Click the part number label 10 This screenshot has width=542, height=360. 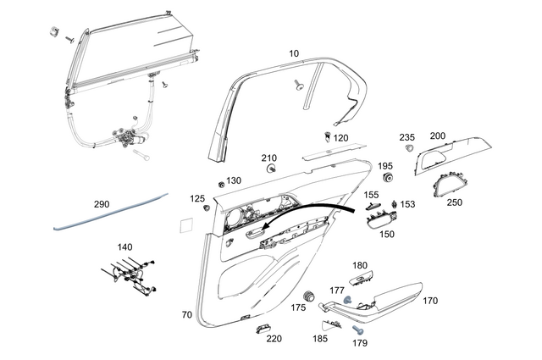(x=294, y=53)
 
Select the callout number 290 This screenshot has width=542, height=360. (x=102, y=204)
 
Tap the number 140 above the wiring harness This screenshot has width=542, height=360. (x=124, y=247)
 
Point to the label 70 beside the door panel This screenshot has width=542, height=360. (x=186, y=314)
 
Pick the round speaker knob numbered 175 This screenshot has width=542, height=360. (x=307, y=294)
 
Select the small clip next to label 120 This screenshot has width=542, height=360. (x=328, y=136)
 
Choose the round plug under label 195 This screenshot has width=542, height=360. (x=389, y=180)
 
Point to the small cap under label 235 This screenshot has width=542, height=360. (x=409, y=148)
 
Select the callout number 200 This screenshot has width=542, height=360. (x=438, y=136)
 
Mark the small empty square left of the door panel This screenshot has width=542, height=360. (x=185, y=224)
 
